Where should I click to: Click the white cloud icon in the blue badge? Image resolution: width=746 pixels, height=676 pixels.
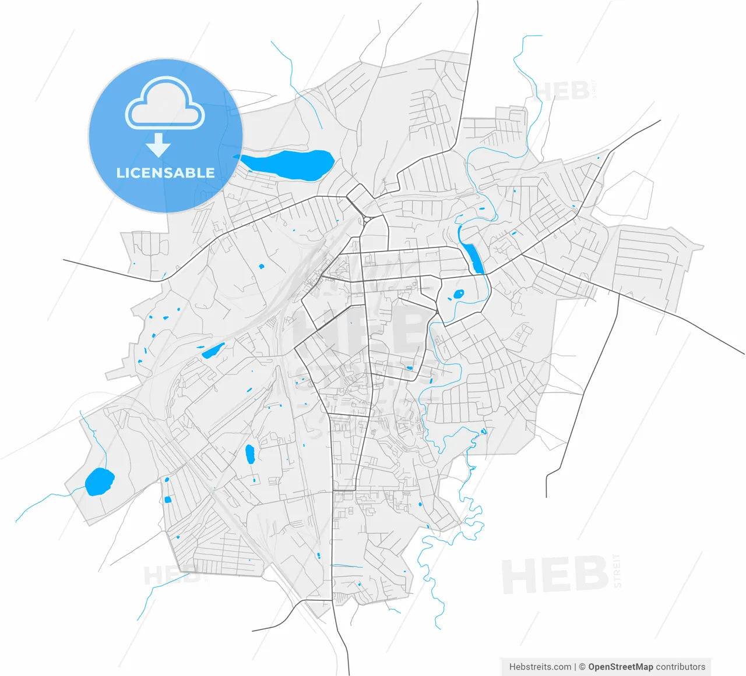pyautogui.click(x=166, y=104)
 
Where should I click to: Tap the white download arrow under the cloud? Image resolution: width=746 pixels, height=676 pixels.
pyautogui.click(x=158, y=145)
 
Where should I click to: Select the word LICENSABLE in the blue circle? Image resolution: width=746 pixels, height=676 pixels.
pyautogui.click(x=166, y=173)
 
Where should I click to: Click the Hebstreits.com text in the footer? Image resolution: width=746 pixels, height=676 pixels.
pyautogui.click(x=540, y=667)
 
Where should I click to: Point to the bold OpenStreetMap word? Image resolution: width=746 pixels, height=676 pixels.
pyautogui.click(x=621, y=667)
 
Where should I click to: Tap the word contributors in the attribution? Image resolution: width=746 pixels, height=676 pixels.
pyautogui.click(x=681, y=667)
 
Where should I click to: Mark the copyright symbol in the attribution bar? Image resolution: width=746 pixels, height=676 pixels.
pyautogui.click(x=582, y=667)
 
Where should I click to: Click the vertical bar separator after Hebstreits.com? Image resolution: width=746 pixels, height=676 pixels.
pyautogui.click(x=575, y=667)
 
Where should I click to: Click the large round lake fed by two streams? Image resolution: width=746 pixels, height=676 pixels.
pyautogui.click(x=99, y=482)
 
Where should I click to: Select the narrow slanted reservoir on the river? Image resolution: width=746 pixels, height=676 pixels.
pyautogui.click(x=472, y=256)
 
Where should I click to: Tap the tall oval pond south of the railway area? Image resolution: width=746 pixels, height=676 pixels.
pyautogui.click(x=250, y=454)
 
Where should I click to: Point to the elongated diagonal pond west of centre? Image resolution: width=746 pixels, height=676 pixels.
pyautogui.click(x=213, y=351)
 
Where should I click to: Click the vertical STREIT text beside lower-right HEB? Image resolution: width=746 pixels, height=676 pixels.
pyautogui.click(x=617, y=571)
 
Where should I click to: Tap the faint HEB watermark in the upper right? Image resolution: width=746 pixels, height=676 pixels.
pyautogui.click(x=562, y=91)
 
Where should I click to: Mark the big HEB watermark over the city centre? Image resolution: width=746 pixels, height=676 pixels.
pyautogui.click(x=361, y=332)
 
